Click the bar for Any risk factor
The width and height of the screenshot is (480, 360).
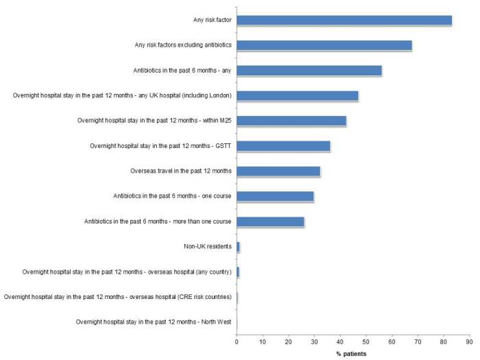tap(344, 21)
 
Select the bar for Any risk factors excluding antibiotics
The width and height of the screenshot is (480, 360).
tap(324, 45)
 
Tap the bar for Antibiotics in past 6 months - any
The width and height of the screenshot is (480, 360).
tap(309, 71)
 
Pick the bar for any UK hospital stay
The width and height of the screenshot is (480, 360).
tap(297, 95)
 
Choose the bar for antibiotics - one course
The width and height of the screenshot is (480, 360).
tap(275, 196)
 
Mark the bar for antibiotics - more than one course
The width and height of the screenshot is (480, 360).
tap(270, 221)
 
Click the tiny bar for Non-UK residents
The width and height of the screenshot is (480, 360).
tap(238, 246)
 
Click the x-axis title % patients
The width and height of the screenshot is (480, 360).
tap(350, 353)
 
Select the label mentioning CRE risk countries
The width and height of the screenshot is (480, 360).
tap(117, 297)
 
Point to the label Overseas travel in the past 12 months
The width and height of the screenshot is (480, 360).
tap(181, 171)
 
